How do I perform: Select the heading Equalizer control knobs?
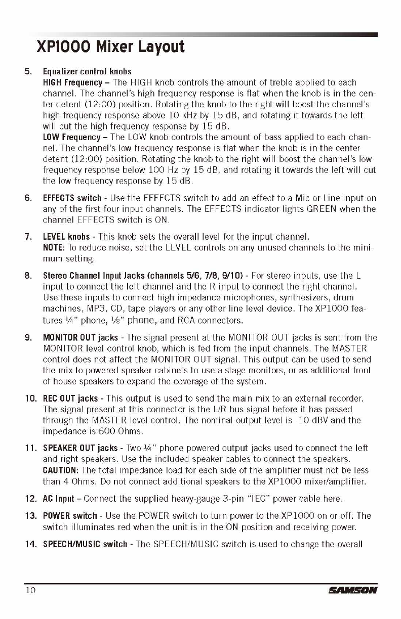click(87, 71)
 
